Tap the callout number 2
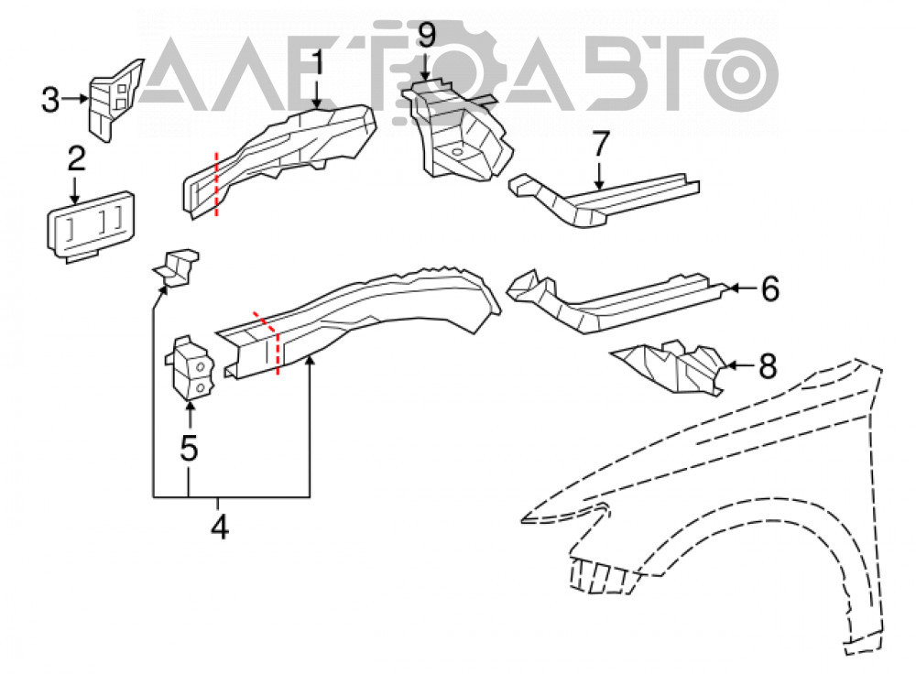click(77, 158)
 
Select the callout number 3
click(50, 99)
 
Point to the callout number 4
click(220, 527)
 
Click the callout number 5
click(189, 448)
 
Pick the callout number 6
click(770, 288)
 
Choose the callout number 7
click(601, 144)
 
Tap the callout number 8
click(767, 366)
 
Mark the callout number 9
click(427, 35)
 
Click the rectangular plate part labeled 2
click(91, 225)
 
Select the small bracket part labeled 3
click(114, 99)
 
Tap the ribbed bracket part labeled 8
click(669, 368)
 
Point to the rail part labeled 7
click(605, 199)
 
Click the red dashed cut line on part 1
click(217, 184)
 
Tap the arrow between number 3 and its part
click(75, 99)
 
